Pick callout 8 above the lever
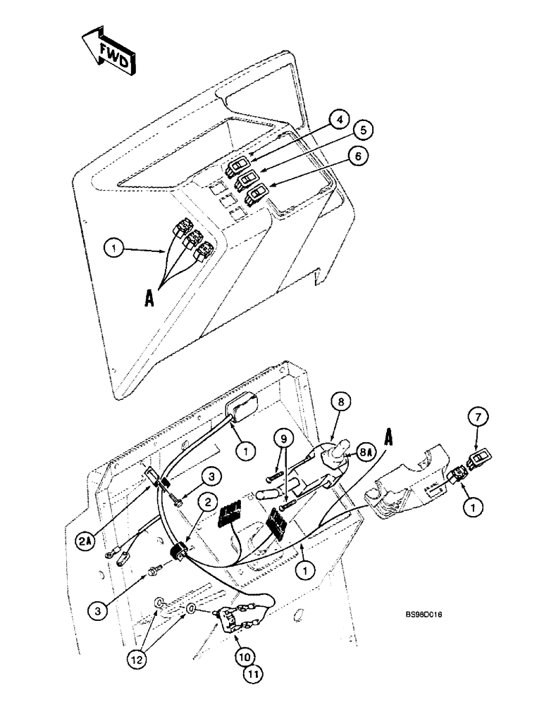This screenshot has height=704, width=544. (x=340, y=403)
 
